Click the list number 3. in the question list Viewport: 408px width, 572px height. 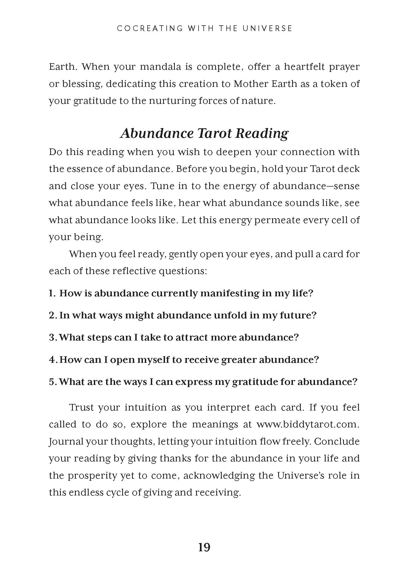53,337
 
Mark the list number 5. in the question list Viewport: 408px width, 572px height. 53,382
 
